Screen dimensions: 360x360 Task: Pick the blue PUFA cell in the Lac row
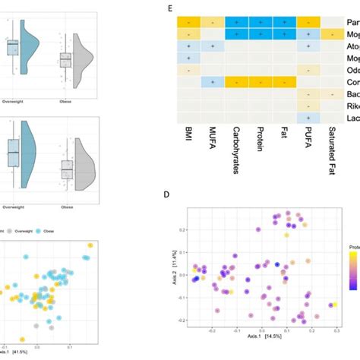(x=309, y=118)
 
